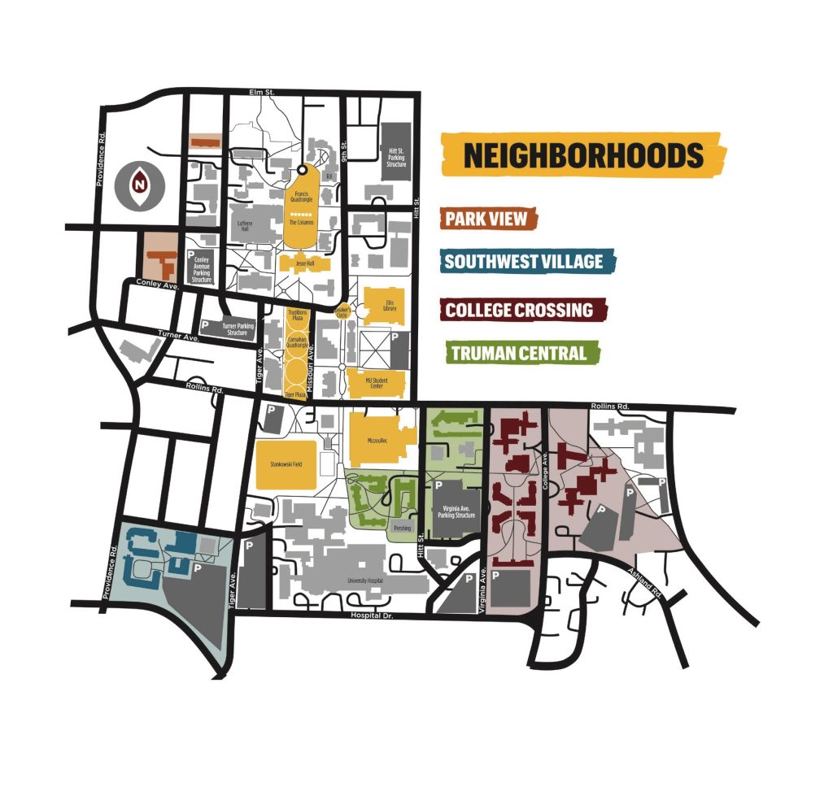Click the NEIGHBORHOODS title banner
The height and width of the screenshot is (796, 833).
point(582,154)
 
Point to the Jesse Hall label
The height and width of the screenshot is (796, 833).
point(303,263)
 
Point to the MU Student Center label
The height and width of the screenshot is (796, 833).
point(376,383)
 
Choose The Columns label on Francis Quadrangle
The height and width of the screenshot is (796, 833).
point(302,222)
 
